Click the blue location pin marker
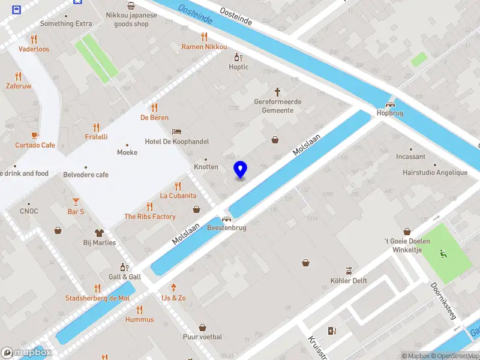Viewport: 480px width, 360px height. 240,170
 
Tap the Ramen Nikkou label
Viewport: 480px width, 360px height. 205,47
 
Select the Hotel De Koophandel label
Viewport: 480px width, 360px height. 176,142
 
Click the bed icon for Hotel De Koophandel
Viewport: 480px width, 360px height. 176,131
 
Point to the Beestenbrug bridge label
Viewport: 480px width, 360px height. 226,228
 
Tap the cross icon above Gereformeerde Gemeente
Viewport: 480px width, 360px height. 277,92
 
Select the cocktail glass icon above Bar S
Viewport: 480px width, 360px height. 76,201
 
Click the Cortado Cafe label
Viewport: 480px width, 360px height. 35,145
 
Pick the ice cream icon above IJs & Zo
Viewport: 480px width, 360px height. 173,287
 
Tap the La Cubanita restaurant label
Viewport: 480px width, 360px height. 178,196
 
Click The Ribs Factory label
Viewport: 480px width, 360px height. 150,217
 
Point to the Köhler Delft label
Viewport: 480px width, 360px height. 349,280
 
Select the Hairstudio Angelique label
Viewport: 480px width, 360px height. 435,173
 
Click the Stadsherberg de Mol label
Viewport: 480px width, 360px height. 98,298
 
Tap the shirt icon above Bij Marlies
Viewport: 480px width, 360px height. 100,232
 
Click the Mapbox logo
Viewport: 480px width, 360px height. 26,353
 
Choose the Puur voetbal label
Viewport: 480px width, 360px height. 202,337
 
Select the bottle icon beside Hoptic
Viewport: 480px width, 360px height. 238,58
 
